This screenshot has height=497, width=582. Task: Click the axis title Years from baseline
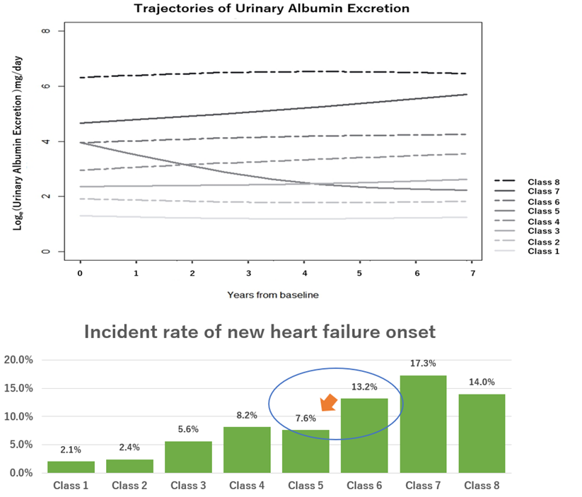272,294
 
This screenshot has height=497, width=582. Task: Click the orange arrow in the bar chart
328,402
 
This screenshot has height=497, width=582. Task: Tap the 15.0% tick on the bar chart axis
20,388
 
